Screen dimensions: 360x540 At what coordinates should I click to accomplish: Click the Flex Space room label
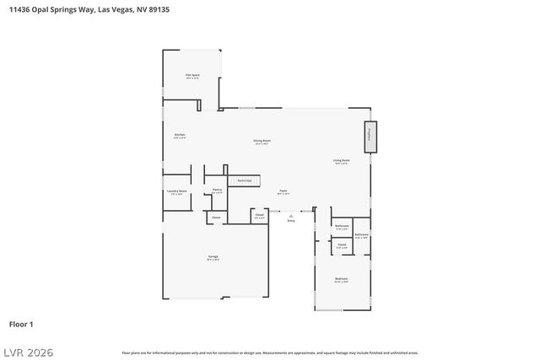pyautogui.click(x=192, y=76)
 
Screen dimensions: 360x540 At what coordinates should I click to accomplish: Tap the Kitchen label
pyautogui.click(x=179, y=135)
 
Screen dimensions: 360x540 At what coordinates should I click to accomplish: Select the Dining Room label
pyautogui.click(x=262, y=141)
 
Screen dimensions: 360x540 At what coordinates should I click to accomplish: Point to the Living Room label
pyautogui.click(x=342, y=160)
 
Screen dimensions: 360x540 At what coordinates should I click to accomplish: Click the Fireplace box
pyautogui.click(x=370, y=137)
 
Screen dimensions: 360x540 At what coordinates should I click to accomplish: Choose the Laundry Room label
pyautogui.click(x=177, y=192)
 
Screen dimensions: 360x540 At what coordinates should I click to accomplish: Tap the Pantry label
pyautogui.click(x=217, y=191)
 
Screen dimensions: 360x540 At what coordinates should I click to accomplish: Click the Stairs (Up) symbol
pyautogui.click(x=246, y=180)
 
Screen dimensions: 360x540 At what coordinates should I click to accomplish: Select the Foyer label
pyautogui.click(x=284, y=191)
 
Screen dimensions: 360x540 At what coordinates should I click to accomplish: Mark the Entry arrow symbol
pyautogui.click(x=291, y=217)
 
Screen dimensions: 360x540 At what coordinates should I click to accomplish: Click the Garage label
pyautogui.click(x=213, y=256)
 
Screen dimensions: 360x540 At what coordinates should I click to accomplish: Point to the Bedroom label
pyautogui.click(x=341, y=279)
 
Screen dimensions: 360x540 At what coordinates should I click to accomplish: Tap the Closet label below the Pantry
pyautogui.click(x=216, y=218)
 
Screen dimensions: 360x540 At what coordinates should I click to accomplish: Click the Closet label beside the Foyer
pyautogui.click(x=259, y=216)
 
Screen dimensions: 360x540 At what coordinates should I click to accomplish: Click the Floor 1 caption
pyautogui.click(x=21, y=324)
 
